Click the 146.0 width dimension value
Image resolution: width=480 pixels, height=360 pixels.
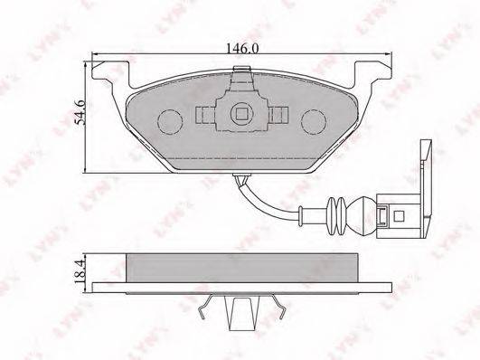[240, 51]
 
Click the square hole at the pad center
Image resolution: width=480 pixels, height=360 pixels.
[241, 114]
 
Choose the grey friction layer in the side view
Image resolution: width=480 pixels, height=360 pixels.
[240, 266]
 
